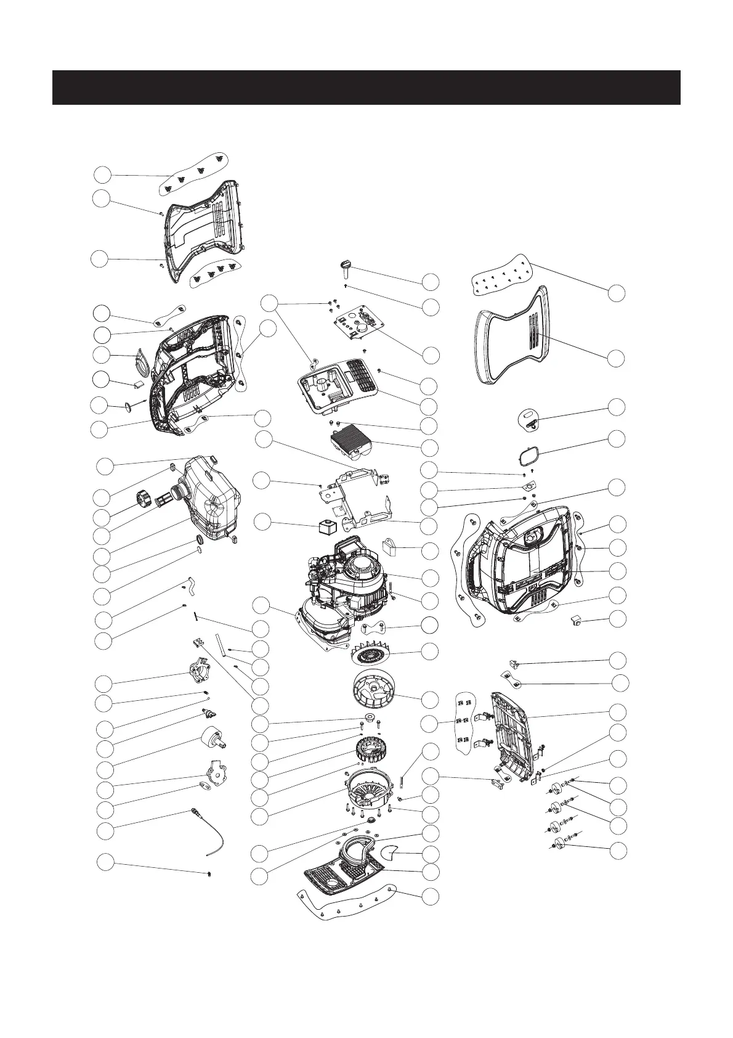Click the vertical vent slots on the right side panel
click(532, 333)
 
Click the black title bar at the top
click(366, 88)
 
